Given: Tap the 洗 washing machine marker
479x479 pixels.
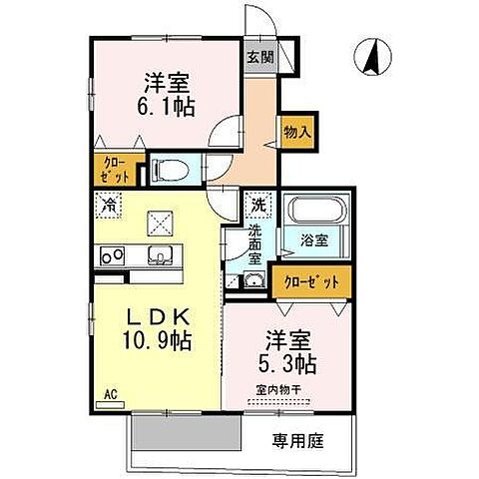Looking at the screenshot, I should [x=258, y=205].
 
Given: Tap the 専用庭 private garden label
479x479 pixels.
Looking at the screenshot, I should [x=297, y=440].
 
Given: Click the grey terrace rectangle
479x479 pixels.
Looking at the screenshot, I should [x=186, y=434].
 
